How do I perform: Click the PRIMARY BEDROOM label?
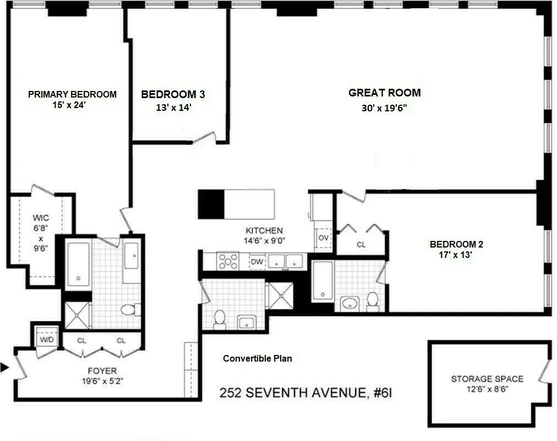[x=72, y=94]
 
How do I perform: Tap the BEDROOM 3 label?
[x=173, y=94]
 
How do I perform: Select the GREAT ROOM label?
[x=384, y=93]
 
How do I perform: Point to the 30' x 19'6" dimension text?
[x=384, y=108]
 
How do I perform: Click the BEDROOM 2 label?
[x=456, y=244]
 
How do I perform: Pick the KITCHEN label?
[x=264, y=230]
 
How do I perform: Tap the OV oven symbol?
[x=324, y=238]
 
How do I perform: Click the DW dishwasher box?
[x=257, y=262]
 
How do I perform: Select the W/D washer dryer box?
[x=46, y=339]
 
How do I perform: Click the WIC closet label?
[x=41, y=218]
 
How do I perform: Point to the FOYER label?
[x=102, y=371]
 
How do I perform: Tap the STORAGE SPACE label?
[x=487, y=379]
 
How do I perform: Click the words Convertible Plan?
[x=257, y=358]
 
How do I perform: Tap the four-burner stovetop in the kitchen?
[x=228, y=261]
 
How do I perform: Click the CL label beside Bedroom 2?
[x=361, y=245]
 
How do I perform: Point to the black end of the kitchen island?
[x=211, y=203]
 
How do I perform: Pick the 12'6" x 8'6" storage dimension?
[x=487, y=389]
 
